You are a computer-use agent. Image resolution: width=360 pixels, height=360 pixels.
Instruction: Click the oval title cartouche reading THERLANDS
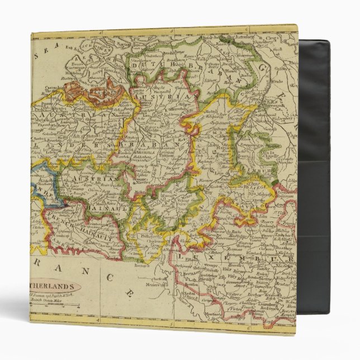coord(56,284)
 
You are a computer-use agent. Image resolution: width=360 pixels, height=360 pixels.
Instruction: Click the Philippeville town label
coord(146,244)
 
